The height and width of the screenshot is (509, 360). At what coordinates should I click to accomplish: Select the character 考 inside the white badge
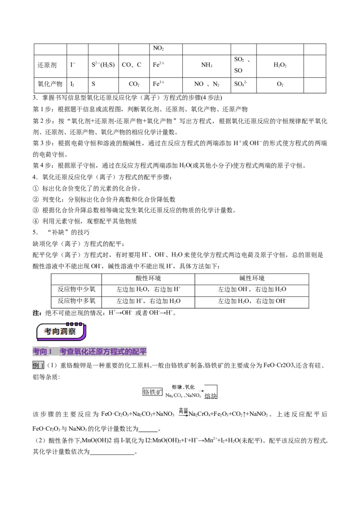[48, 331]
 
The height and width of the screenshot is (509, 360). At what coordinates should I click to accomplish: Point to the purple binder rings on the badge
[74, 323]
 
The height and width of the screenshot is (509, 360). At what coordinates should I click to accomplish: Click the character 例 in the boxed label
[36, 366]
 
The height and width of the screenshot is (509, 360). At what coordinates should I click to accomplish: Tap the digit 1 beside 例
[42, 366]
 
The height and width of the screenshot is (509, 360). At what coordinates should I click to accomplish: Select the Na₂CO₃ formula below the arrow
[173, 396]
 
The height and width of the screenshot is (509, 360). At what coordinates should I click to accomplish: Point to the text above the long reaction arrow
[184, 386]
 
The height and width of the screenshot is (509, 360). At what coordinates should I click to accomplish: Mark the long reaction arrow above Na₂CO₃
[184, 391]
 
